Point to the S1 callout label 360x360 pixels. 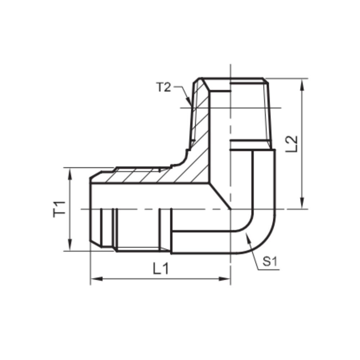(x=270, y=262)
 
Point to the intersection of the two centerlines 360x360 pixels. (x=230, y=209)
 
